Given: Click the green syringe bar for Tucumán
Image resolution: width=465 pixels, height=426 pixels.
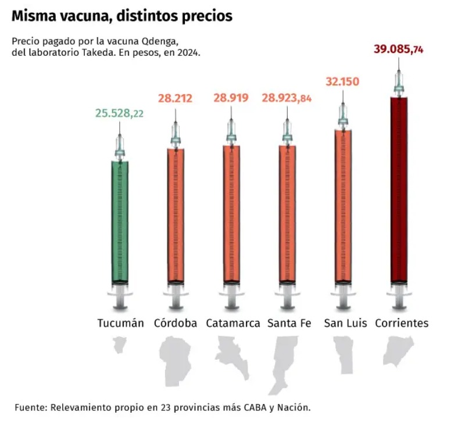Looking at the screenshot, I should [120, 221].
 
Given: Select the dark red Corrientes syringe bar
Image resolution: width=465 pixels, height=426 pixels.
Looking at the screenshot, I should [399, 189].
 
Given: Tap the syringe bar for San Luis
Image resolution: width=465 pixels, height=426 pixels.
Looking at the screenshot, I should [343, 206].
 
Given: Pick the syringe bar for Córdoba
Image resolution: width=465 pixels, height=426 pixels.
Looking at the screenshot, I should [176, 215].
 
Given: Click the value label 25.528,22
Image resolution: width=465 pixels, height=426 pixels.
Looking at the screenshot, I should [119, 113].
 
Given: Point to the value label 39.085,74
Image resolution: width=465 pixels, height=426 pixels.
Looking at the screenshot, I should [398, 49].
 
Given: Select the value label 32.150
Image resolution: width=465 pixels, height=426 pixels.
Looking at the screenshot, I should [343, 81].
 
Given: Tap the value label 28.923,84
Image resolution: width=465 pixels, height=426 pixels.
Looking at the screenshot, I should [287, 99].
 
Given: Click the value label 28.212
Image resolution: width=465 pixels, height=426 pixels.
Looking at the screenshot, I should [175, 99].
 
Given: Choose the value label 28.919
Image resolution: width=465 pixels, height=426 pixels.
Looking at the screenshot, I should [231, 99].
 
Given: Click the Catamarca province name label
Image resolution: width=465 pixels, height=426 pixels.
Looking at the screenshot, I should [233, 323].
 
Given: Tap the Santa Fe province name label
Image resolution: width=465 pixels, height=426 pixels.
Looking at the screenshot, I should [289, 323].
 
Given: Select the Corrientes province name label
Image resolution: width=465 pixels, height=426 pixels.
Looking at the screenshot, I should [402, 323].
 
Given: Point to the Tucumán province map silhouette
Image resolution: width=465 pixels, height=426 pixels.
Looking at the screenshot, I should [120, 347].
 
